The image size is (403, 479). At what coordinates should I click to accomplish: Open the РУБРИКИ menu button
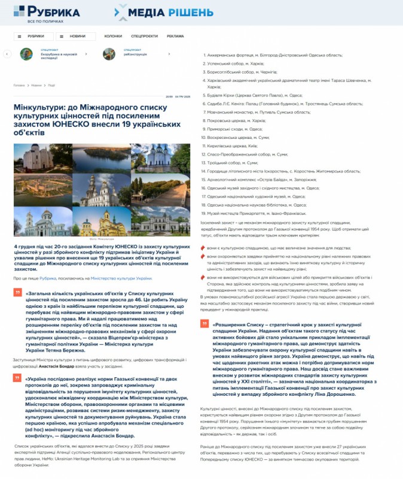click(x=33, y=37)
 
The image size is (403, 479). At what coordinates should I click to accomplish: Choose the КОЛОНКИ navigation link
click(x=113, y=37)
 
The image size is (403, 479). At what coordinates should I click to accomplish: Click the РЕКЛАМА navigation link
click(x=175, y=37)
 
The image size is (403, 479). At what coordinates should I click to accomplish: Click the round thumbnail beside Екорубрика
click(x=26, y=54)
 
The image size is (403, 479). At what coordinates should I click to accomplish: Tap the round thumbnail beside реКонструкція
click(x=109, y=54)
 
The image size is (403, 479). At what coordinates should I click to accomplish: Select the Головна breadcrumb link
click(x=19, y=85)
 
